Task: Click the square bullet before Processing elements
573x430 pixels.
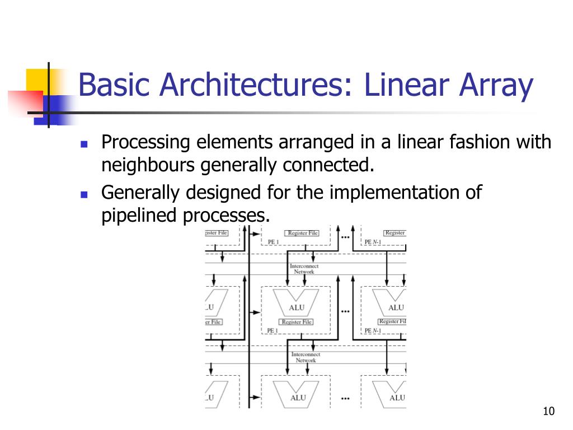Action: pyautogui.click(x=84, y=144)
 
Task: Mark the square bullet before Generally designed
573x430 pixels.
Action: pyautogui.click(x=84, y=194)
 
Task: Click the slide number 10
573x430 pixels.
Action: pyautogui.click(x=548, y=412)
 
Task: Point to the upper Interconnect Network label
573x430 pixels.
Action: pyautogui.click(x=304, y=269)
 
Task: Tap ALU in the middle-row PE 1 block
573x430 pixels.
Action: pyautogui.click(x=297, y=307)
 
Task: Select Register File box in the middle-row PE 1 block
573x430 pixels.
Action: pyautogui.click(x=297, y=322)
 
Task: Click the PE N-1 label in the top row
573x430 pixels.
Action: pyautogui.click(x=373, y=242)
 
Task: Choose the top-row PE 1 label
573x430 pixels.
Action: pyautogui.click(x=273, y=242)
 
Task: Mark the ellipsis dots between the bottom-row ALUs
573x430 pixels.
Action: pyautogui.click(x=345, y=399)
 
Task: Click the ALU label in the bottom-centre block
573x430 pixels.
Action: pyautogui.click(x=298, y=398)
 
